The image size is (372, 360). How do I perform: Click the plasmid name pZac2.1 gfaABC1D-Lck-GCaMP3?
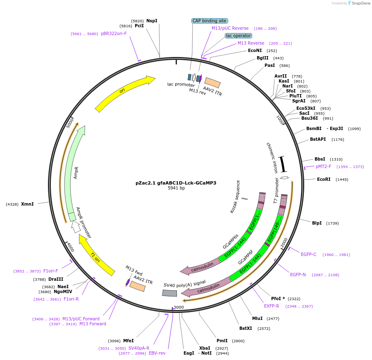(x=176, y=182)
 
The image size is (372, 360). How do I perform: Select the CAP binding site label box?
(x=210, y=21)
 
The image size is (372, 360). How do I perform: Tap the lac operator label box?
(x=238, y=36)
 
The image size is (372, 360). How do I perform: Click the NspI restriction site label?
(x=152, y=21)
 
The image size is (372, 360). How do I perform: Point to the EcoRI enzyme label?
(x=324, y=179)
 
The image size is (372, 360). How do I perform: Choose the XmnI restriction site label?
(x=27, y=204)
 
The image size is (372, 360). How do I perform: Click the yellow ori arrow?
(x=124, y=92)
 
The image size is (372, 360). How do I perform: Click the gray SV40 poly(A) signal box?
(x=169, y=293)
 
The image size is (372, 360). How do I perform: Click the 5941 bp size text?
(x=176, y=188)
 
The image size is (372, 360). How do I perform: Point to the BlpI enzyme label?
(x=317, y=223)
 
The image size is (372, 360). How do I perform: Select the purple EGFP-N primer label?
(x=298, y=275)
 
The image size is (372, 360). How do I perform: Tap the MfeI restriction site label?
(x=129, y=341)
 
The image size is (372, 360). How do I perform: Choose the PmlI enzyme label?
(x=222, y=341)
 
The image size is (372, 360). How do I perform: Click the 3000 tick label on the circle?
(x=179, y=307)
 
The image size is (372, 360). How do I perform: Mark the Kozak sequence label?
(x=235, y=197)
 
